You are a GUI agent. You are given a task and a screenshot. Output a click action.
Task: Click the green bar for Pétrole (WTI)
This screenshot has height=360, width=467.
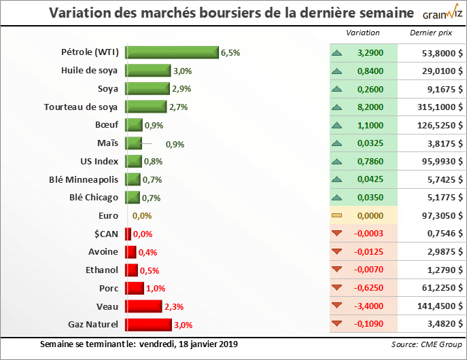click(x=171, y=52)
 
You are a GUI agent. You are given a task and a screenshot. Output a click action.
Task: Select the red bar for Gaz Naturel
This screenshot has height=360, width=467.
click(x=148, y=324)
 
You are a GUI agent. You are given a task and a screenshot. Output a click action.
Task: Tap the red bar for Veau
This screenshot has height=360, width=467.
click(x=143, y=306)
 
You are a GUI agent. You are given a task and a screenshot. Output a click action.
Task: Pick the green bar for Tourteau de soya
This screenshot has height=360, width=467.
click(x=145, y=107)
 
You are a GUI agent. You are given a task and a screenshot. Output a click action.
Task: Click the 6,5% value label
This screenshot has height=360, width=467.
click(x=230, y=52)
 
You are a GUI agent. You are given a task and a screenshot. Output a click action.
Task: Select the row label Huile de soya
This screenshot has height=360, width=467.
click(x=89, y=71)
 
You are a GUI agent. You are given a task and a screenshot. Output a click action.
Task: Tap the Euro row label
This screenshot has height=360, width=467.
click(x=108, y=215)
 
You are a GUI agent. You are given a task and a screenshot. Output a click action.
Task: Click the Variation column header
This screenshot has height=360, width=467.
click(x=363, y=33)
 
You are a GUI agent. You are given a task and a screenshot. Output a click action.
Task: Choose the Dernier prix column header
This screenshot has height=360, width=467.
click(x=430, y=33)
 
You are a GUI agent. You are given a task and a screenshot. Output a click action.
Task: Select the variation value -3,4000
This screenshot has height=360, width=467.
click(x=367, y=306)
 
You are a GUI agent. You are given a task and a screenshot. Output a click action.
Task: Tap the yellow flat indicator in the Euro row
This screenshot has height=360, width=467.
click(x=336, y=215)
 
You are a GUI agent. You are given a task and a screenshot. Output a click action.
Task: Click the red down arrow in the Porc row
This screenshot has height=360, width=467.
click(x=336, y=288)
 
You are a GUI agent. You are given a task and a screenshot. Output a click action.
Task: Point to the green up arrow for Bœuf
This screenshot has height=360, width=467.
click(x=336, y=125)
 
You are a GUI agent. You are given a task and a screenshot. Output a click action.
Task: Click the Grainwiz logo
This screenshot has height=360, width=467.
click(x=441, y=13)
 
